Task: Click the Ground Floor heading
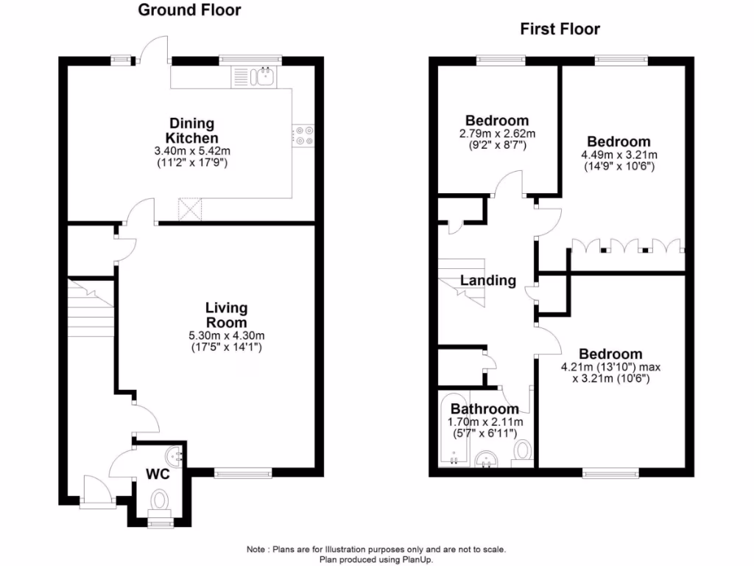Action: point(189,10)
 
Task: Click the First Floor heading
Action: point(560,29)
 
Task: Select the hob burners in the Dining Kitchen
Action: point(303,134)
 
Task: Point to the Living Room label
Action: point(226,315)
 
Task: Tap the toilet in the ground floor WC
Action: point(158,503)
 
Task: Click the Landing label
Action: point(488,280)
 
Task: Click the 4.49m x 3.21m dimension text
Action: point(619,156)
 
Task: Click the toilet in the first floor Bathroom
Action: point(524,450)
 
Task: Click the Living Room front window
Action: point(243,472)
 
